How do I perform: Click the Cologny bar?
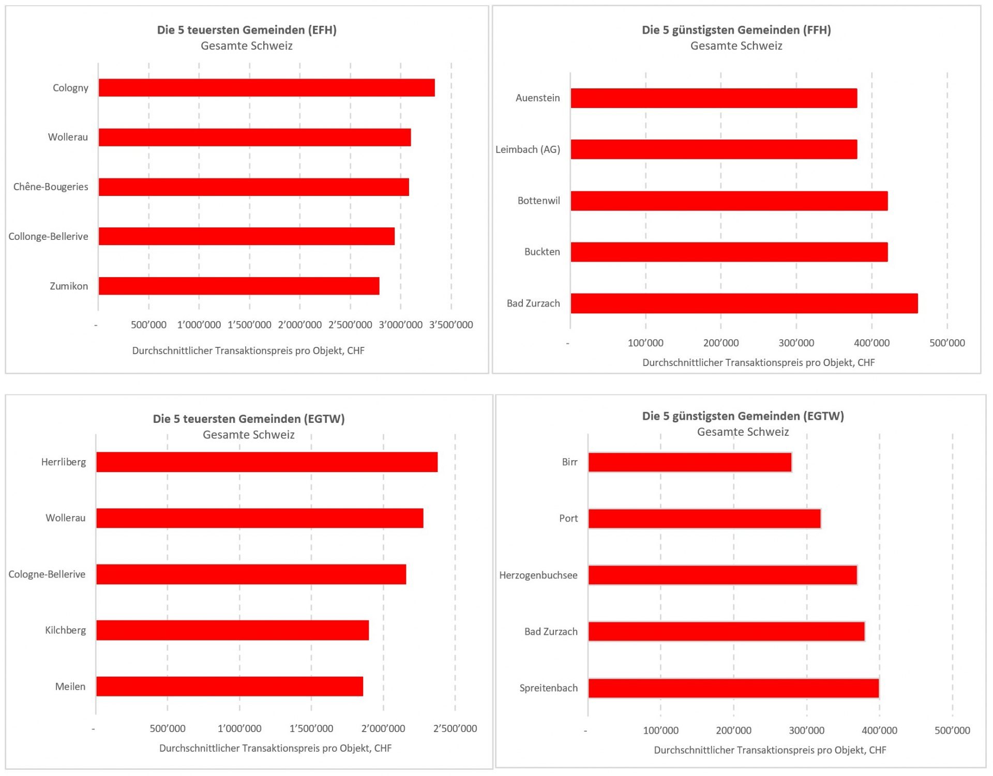pyautogui.click(x=266, y=88)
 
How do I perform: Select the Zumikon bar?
pyautogui.click(x=239, y=286)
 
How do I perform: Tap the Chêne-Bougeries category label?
pyautogui.click(x=51, y=187)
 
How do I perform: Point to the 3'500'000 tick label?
pyautogui.click(x=451, y=325)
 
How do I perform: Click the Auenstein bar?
pyautogui.click(x=714, y=98)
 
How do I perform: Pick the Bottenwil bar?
pyautogui.click(x=729, y=201)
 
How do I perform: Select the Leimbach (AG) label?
pyautogui.click(x=528, y=149)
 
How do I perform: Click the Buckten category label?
pyautogui.click(x=542, y=252)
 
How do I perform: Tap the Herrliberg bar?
pyautogui.click(x=267, y=462)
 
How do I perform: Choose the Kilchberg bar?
pyautogui.click(x=232, y=630)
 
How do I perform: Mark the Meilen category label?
pyautogui.click(x=70, y=687)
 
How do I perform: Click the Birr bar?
pyautogui.click(x=690, y=463)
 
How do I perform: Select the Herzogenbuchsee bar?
pyautogui.click(x=723, y=575)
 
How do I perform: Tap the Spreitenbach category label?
pyautogui.click(x=548, y=688)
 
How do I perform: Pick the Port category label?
pyautogui.click(x=568, y=519)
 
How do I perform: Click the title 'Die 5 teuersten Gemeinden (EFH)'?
pyautogui.click(x=247, y=30)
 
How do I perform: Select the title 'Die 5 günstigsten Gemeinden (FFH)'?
pyautogui.click(x=736, y=30)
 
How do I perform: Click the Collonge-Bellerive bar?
pyautogui.click(x=247, y=236)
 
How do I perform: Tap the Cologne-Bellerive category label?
pyautogui.click(x=47, y=574)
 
